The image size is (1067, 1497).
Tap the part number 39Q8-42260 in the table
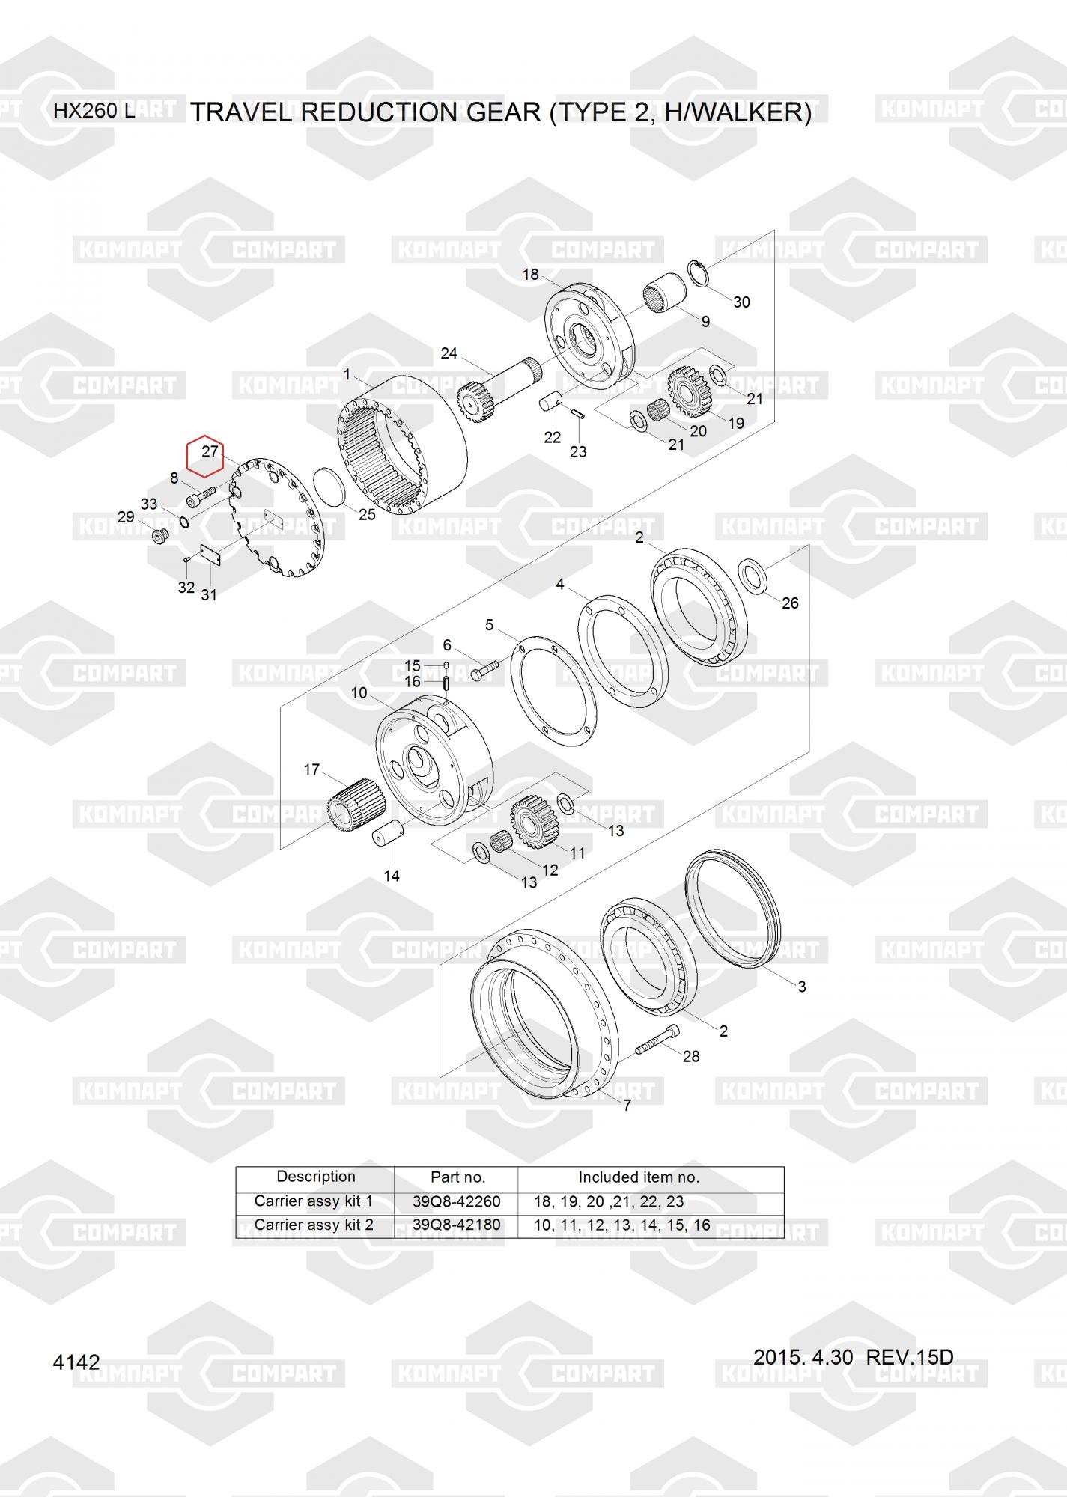click(x=456, y=1202)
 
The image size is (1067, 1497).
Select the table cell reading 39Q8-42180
click(x=456, y=1225)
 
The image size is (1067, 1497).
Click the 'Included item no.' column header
click(x=639, y=1177)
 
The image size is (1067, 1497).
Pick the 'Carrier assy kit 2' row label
click(x=314, y=1225)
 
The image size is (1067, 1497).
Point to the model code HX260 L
click(x=94, y=112)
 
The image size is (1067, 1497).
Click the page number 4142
click(x=76, y=1362)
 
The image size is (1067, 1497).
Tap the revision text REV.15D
click(x=909, y=1357)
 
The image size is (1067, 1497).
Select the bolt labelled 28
click(x=658, y=1041)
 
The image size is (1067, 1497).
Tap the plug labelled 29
click(x=159, y=535)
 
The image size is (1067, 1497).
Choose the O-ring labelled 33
click(x=183, y=519)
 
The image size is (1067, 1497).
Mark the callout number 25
click(x=367, y=515)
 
